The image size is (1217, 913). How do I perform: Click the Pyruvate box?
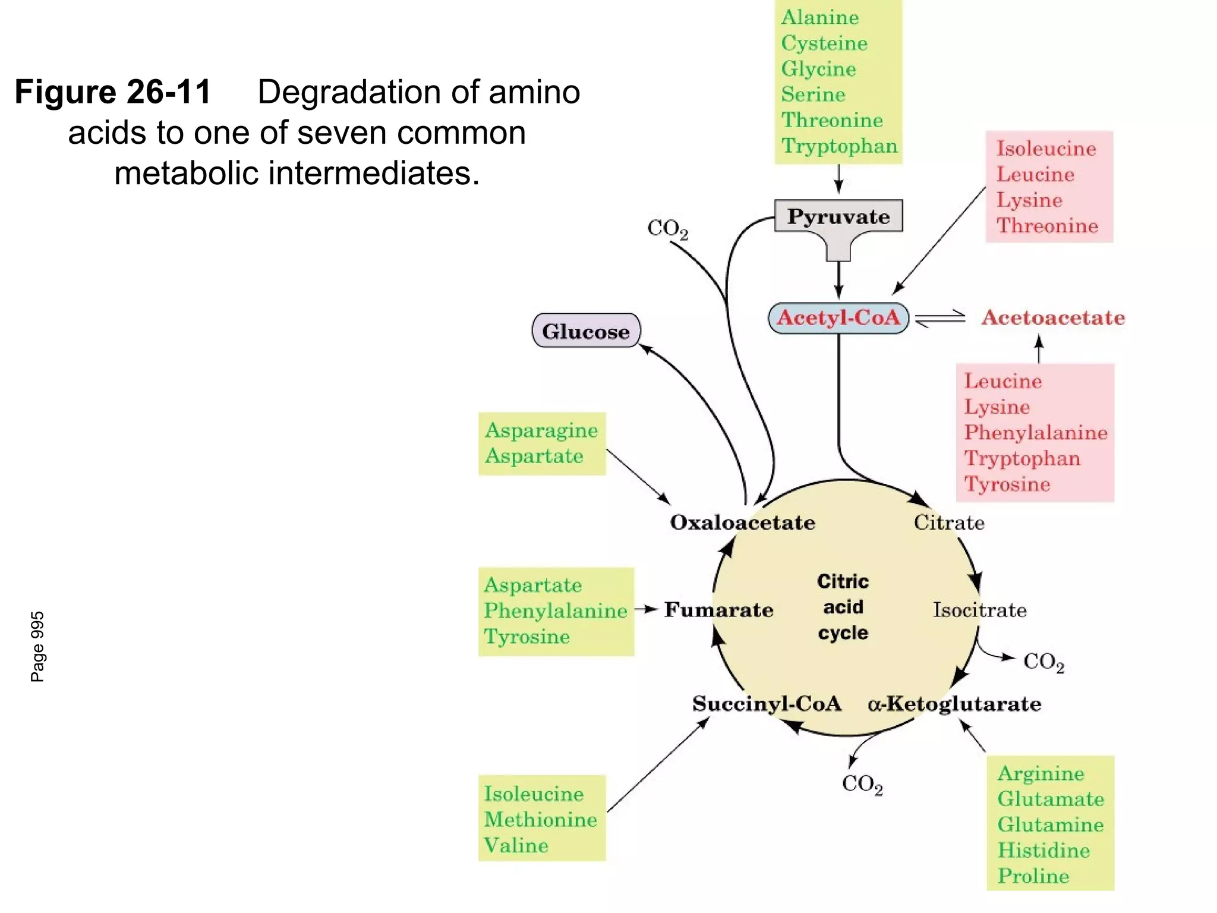[838, 216]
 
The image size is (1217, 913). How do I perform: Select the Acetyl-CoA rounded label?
[838, 317]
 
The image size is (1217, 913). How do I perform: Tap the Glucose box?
[586, 331]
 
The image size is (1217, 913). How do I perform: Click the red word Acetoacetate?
[1053, 317]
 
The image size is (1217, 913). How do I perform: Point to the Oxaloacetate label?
[742, 522]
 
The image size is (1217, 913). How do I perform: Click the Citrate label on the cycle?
[949, 522]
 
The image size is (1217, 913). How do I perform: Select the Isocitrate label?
[979, 610]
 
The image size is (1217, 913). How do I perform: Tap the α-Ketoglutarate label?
[954, 704]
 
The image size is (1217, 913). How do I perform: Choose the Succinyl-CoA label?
[767, 704]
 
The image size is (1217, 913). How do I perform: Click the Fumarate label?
[718, 610]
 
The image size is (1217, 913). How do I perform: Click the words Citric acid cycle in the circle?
[843, 607]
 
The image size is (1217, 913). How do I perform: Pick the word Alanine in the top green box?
[819, 17]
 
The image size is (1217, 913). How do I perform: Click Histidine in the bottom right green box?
[1043, 850]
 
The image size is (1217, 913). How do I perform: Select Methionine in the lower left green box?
[540, 820]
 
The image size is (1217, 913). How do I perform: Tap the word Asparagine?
[541, 430]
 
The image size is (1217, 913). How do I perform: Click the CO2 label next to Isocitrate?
[1043, 662]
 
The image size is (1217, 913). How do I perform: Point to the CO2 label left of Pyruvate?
[667, 229]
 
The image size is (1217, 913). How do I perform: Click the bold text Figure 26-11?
[113, 92]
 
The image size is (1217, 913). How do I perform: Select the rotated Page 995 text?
[37, 646]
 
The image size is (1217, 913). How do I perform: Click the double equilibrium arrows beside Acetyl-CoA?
[941, 319]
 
